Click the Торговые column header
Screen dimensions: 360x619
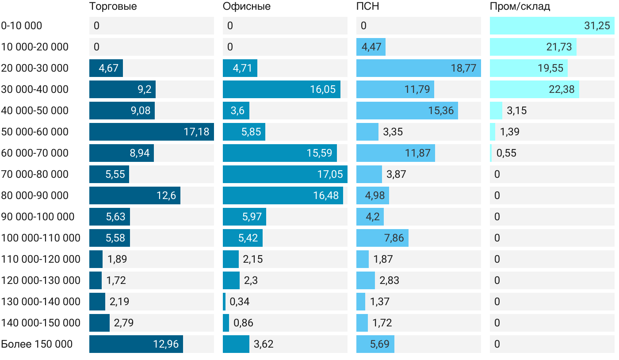(113, 7)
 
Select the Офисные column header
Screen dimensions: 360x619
(246, 7)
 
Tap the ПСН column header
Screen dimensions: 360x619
(367, 7)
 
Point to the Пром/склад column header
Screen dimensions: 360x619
(520, 7)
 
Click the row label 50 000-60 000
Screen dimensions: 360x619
(35, 132)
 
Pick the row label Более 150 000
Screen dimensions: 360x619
(37, 344)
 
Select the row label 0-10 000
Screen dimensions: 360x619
(22, 26)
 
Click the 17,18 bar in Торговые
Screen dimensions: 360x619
(151, 132)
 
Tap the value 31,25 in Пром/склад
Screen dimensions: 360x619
(597, 26)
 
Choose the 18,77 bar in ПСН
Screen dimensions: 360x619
(418, 68)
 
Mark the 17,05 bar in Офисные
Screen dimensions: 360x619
(285, 174)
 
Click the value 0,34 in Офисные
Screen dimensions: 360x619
(240, 302)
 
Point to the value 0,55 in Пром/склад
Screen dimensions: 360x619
(506, 153)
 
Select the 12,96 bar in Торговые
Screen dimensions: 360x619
(136, 344)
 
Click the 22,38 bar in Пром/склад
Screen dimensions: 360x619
(534, 89)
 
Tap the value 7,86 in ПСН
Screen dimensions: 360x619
(394, 238)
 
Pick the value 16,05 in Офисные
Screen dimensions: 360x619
(323, 89)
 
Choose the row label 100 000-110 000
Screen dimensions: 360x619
(41, 238)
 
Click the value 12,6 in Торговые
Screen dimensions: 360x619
(166, 195)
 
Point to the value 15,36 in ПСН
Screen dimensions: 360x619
(441, 111)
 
